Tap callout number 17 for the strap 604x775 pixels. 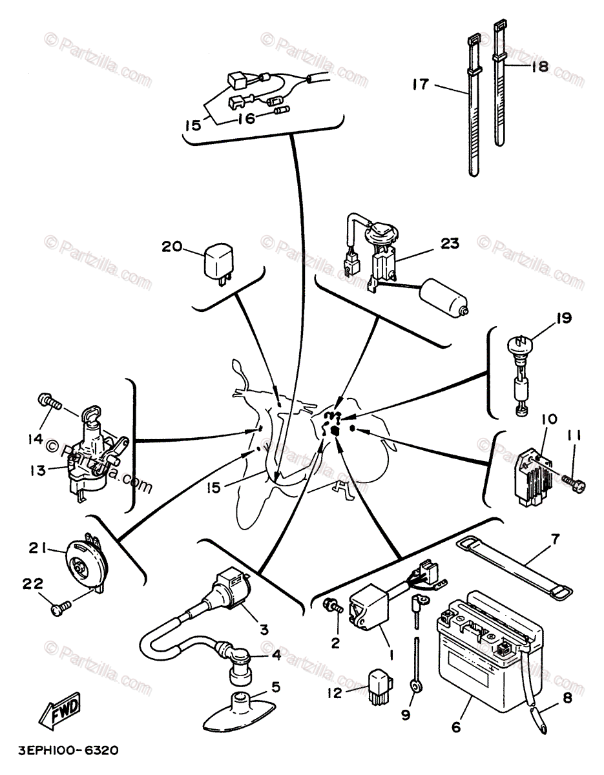coord(421,84)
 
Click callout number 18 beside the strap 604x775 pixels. coord(538,67)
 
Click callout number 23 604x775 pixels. coord(450,245)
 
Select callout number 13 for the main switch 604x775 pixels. coord(37,470)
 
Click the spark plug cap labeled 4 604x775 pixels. coord(237,657)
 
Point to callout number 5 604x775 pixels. coord(276,687)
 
